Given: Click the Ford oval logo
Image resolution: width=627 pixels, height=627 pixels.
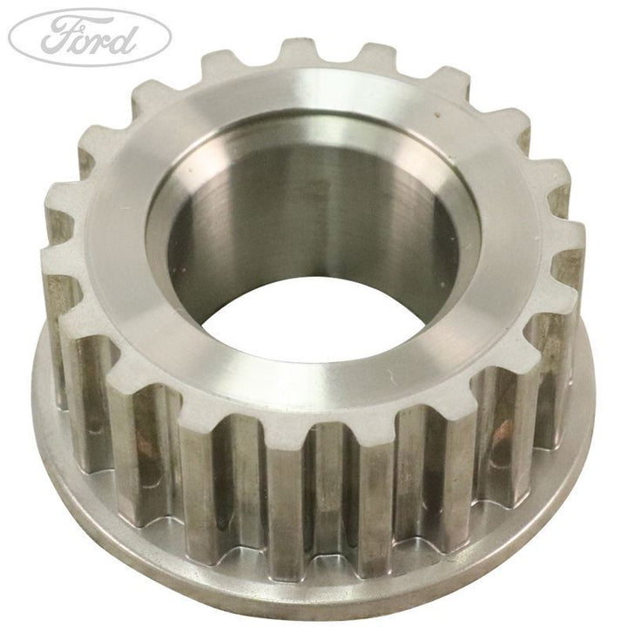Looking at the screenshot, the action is point(90,37).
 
